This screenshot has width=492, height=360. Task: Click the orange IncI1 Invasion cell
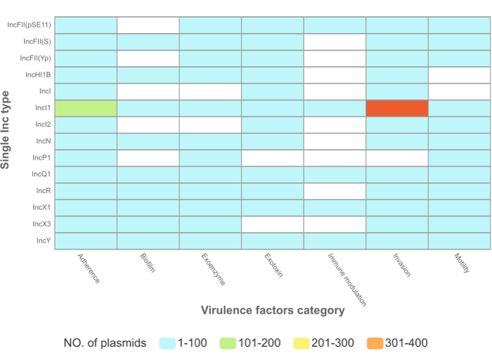397,108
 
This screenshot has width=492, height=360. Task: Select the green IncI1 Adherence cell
86,108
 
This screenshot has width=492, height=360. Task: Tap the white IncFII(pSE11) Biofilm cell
148,25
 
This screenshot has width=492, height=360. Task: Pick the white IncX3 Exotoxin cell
273,224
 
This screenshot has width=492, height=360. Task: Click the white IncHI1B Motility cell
459,75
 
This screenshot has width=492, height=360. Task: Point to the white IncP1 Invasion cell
397,157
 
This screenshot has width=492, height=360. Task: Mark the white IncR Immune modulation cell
335,191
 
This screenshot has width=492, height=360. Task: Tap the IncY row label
42,240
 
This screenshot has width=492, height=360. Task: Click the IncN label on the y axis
41,141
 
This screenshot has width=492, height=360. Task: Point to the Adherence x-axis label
89,269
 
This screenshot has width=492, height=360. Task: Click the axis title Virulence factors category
273,310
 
